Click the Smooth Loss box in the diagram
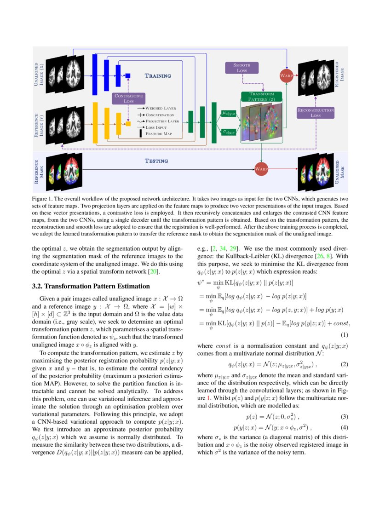241,68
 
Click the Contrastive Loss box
129,98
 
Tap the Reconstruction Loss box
315,113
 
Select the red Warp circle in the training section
286,75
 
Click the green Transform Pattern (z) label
261,97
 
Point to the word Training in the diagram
158,75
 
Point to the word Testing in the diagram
156,161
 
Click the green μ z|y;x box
229,113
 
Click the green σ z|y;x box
229,132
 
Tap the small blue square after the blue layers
128,75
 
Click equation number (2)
344,364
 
